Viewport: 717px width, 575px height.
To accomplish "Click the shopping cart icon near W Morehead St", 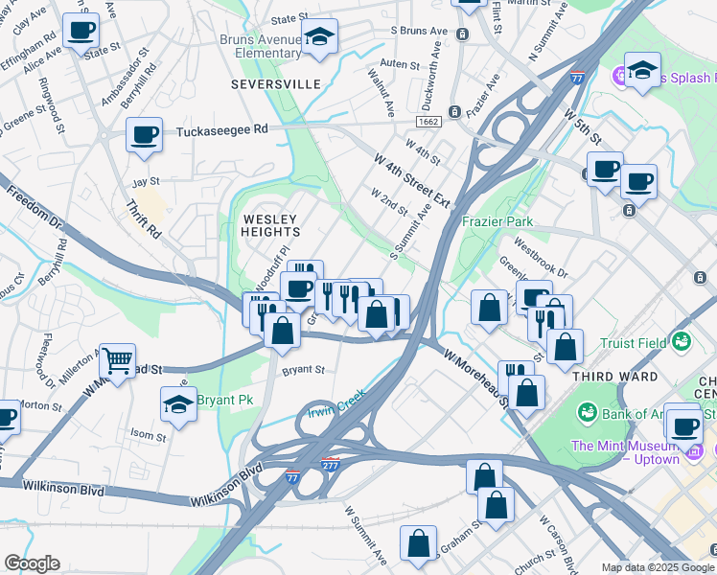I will tap(117, 361).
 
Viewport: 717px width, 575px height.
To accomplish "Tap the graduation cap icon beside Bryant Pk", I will tap(178, 404).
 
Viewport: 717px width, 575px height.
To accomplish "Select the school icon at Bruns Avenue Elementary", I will tap(320, 37).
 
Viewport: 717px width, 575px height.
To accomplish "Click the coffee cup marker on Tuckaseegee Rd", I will tap(145, 134).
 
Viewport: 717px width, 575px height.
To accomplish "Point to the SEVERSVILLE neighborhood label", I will tap(276, 84).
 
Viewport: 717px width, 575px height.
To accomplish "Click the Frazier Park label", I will tap(497, 221).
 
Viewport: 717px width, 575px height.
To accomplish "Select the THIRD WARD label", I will tap(614, 377).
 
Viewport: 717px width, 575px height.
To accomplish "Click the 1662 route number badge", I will tap(428, 122).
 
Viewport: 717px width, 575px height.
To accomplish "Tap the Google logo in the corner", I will tap(32, 563).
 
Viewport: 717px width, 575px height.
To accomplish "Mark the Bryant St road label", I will tap(303, 370).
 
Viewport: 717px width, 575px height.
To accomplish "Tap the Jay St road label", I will tap(145, 181).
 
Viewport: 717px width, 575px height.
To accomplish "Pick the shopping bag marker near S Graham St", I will tap(420, 543).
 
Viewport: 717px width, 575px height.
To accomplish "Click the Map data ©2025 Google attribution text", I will tap(658, 567).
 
